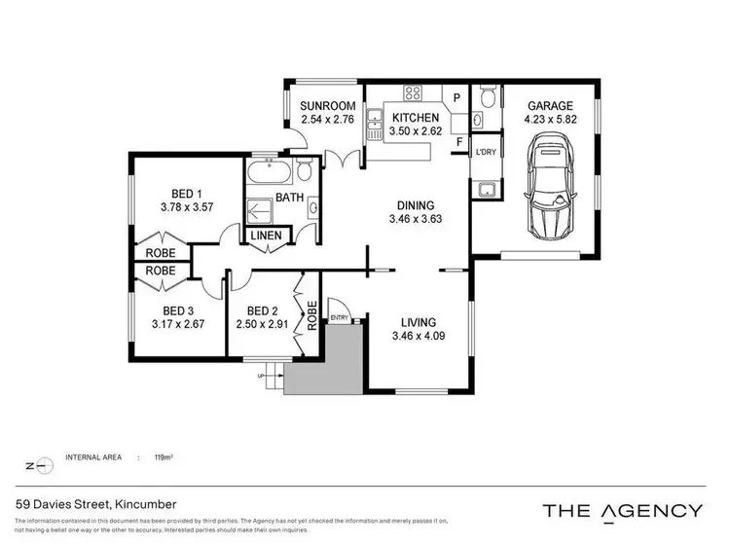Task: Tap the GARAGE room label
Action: pyautogui.click(x=550, y=106)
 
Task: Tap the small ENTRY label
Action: pyautogui.click(x=339, y=317)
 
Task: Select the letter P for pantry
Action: pyautogui.click(x=456, y=97)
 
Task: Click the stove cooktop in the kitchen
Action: pyautogui.click(x=412, y=94)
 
